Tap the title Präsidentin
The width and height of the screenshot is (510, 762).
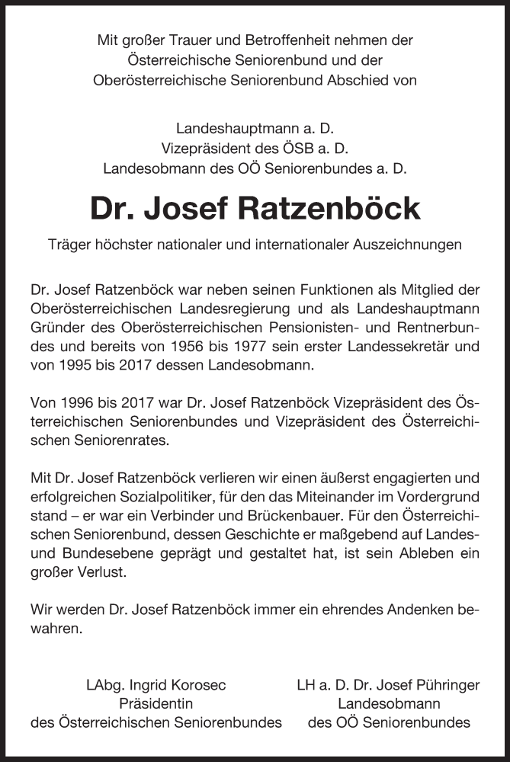click(156, 703)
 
